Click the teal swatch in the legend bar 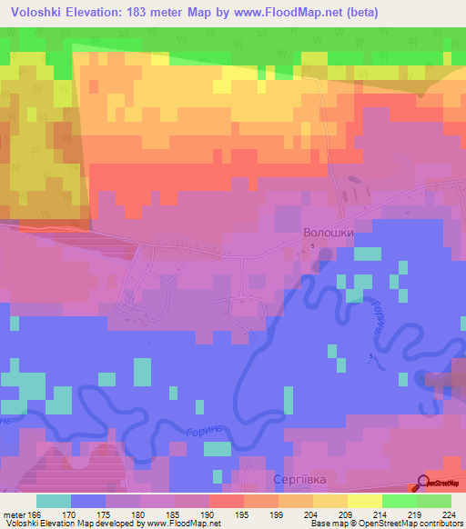(x=54, y=501)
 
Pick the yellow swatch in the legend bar (x=365, y=501)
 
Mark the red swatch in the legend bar (x=227, y=501)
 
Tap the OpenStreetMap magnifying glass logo (x=424, y=483)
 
